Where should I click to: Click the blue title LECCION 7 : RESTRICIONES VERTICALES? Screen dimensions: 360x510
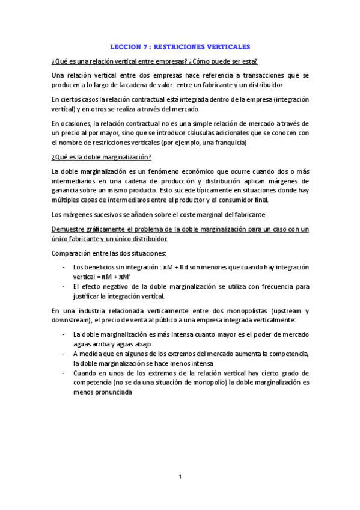(180, 46)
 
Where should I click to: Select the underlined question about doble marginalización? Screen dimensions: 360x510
(102, 157)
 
